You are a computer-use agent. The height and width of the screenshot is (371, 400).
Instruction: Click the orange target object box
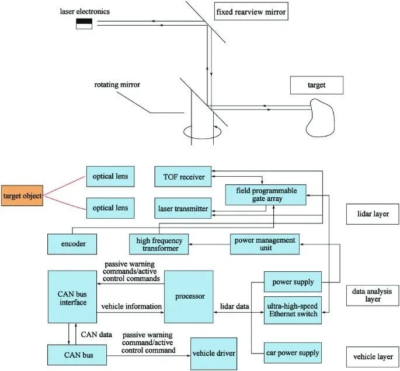click(x=22, y=196)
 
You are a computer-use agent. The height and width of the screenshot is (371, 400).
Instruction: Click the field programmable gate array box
click(x=266, y=194)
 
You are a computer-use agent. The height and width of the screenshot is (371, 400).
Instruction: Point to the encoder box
click(x=71, y=243)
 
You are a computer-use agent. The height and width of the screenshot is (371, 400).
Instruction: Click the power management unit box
click(x=263, y=243)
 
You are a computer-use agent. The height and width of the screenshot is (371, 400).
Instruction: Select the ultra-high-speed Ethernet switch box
click(x=292, y=310)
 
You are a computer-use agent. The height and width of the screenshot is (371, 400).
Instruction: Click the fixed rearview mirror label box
click(x=252, y=12)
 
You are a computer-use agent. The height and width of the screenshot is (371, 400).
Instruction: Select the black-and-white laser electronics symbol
click(x=84, y=23)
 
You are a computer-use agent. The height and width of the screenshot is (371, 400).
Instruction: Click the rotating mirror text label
click(x=117, y=85)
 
